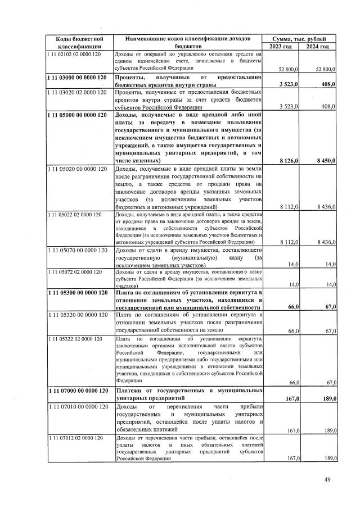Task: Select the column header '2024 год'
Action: click(x=318, y=46)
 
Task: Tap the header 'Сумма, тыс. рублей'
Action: click(x=299, y=38)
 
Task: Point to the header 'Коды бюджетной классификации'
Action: click(x=79, y=42)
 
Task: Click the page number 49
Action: click(x=328, y=479)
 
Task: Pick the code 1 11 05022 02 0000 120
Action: click(x=74, y=214)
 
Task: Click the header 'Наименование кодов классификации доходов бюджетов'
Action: click(x=188, y=42)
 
